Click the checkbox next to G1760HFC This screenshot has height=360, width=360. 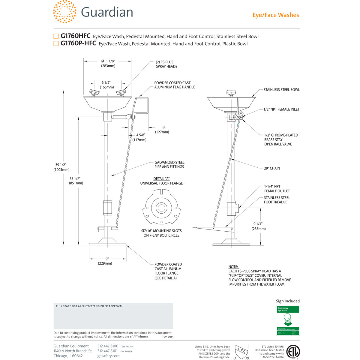(56, 36)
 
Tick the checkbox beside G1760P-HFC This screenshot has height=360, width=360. (56, 43)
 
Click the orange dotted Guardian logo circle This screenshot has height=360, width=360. (64, 12)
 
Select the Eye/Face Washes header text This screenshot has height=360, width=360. (276, 15)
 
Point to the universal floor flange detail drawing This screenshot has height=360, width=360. (161, 207)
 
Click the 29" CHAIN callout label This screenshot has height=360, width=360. (272, 168)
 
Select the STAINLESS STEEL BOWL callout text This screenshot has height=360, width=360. (281, 90)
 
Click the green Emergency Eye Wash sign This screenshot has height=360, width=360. (288, 320)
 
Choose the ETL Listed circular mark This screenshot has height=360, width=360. (293, 352)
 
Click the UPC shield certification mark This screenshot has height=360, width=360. (241, 351)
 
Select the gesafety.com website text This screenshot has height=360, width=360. (108, 356)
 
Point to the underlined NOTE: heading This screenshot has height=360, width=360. (233, 267)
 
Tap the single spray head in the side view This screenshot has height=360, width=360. (231, 93)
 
